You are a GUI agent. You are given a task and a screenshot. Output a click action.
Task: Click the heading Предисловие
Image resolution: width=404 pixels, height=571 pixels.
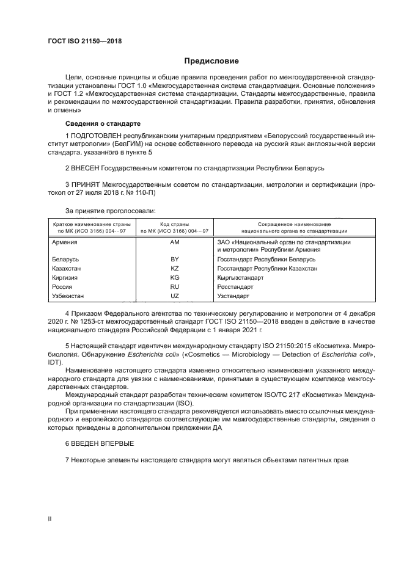pos(212,61)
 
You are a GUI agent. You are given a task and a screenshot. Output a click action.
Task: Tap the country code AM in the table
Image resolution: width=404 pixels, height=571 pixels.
pos(174,242)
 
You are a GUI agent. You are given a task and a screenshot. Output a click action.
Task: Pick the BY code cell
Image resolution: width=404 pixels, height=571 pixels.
pos(174,260)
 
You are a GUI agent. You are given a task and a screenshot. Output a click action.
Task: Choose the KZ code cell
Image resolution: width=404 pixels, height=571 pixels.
pos(174,269)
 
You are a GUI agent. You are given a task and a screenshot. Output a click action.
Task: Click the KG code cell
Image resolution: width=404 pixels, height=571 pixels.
pos(174,278)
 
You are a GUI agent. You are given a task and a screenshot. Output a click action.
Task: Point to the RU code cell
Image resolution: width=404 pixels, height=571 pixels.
pos(174,286)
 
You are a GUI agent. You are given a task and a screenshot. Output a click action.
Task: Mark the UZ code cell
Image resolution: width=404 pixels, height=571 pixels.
pos(174,296)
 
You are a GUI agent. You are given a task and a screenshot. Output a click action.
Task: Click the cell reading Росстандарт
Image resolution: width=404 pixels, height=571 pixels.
pos(235,286)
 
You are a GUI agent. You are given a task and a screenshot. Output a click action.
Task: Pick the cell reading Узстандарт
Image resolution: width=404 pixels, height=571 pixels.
pos(233,296)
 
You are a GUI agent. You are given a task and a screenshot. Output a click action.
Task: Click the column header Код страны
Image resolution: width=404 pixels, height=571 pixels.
pos(174,225)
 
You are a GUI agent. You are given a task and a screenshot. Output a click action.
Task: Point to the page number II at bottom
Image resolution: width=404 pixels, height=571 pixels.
pos(50,518)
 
